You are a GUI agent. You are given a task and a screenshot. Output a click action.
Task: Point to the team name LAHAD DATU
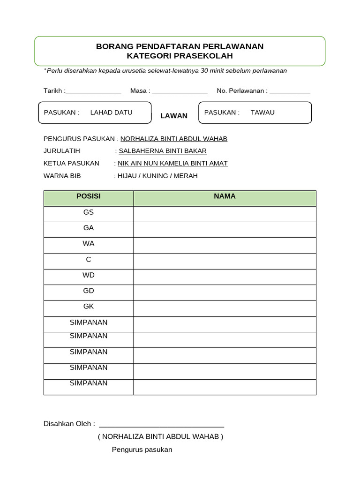(x=111, y=112)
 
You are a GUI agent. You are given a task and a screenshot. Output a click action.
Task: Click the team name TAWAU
(x=262, y=112)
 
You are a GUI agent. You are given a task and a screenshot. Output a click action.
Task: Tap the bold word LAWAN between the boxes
(x=174, y=116)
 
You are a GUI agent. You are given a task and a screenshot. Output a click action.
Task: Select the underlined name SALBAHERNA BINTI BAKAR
(x=163, y=151)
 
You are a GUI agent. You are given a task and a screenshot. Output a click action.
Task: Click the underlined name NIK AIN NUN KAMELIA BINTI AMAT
(x=172, y=164)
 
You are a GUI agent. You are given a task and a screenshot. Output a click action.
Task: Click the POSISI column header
(x=89, y=197)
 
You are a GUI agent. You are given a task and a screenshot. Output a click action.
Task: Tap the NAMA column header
(x=225, y=197)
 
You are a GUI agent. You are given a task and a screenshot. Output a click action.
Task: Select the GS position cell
(x=89, y=212)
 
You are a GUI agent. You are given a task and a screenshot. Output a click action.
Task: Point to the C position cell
(x=89, y=260)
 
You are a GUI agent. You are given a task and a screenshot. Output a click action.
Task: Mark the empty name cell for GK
(x=225, y=308)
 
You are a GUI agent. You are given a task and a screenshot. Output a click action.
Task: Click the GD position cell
(x=89, y=291)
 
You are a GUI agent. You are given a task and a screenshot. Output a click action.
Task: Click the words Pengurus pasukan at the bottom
(x=142, y=450)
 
